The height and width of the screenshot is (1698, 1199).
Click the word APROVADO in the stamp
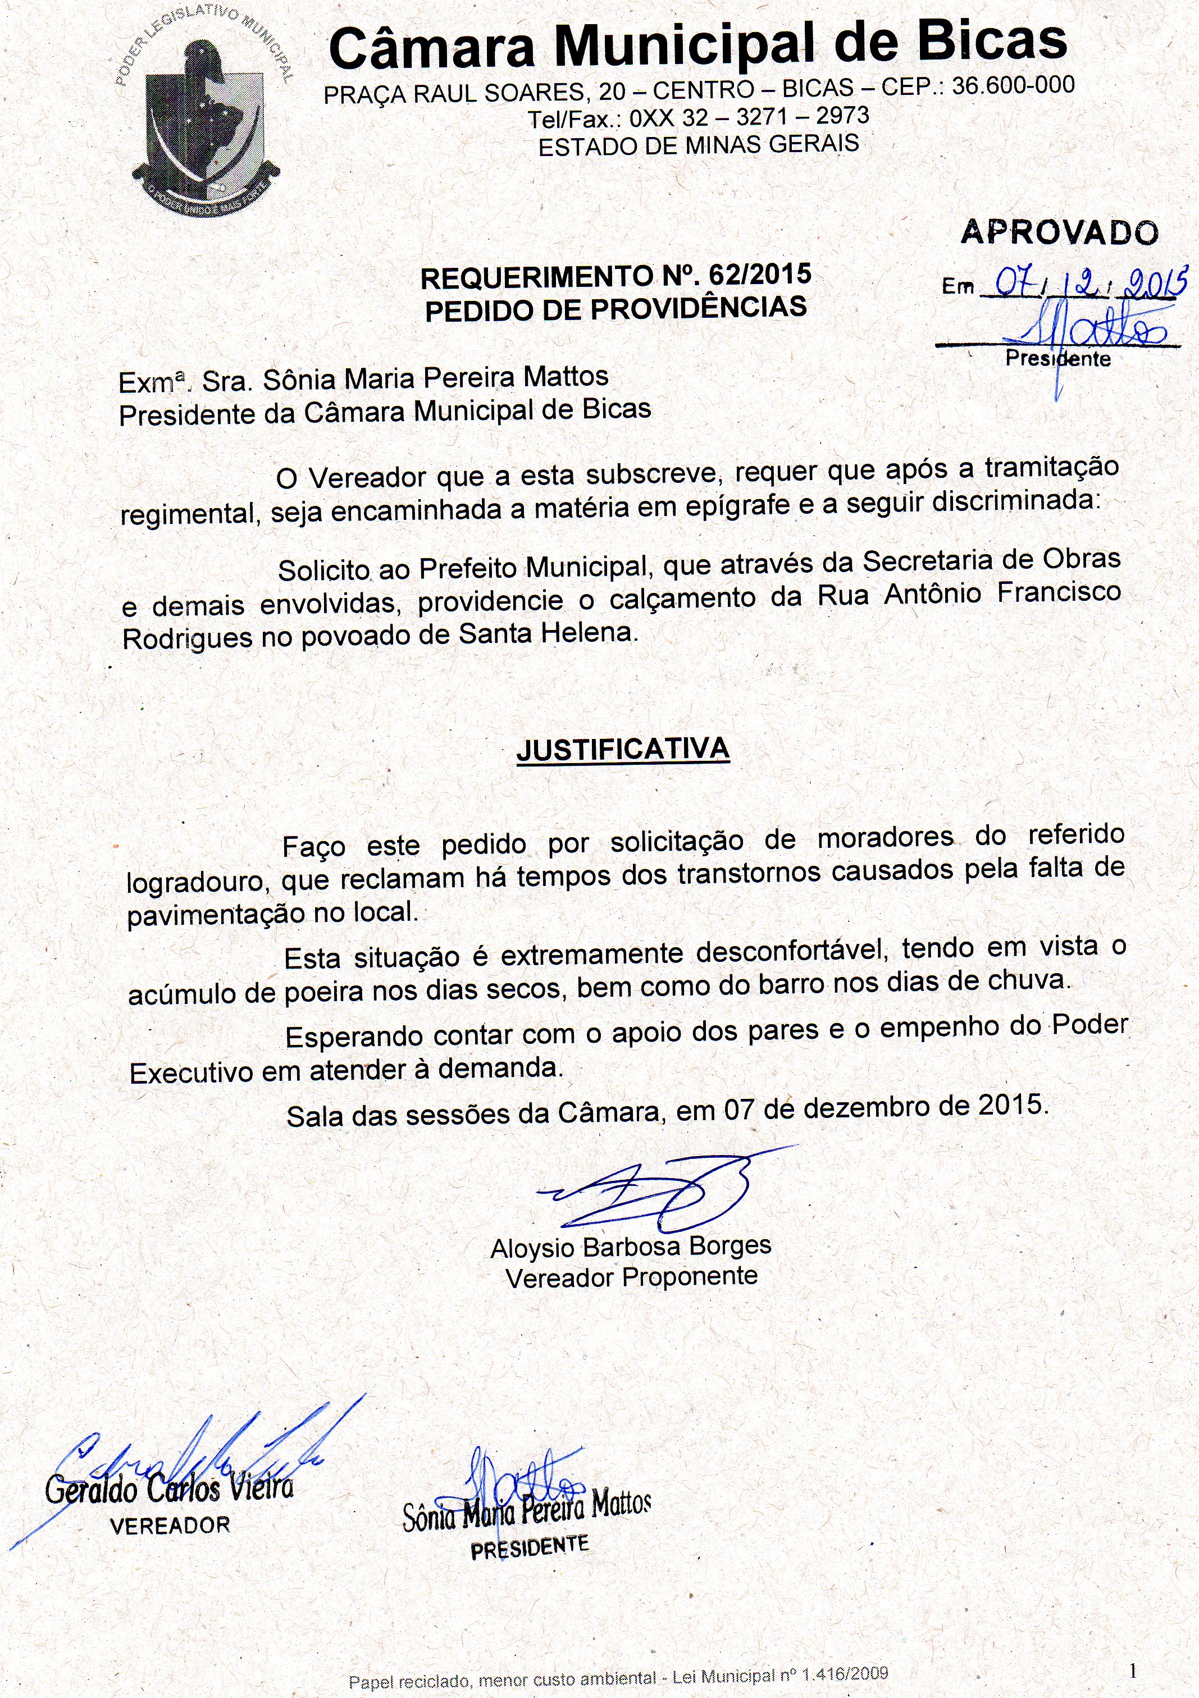tap(1059, 232)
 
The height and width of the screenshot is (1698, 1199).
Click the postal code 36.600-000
tap(1013, 86)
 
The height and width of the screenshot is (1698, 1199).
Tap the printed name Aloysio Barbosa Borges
tap(631, 1247)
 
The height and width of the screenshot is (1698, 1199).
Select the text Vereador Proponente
tap(631, 1277)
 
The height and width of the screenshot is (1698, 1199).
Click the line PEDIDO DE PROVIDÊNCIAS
tap(616, 308)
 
